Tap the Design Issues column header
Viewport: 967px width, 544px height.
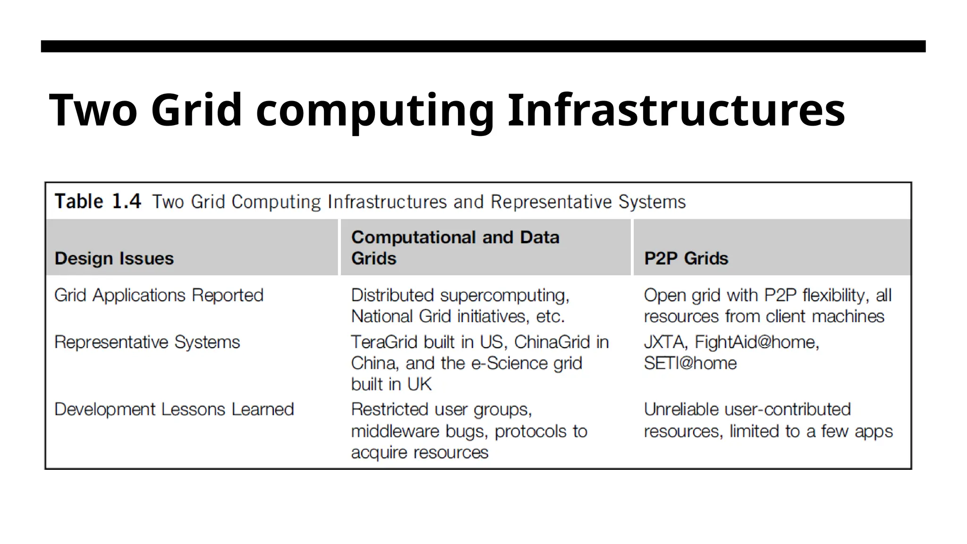click(x=114, y=258)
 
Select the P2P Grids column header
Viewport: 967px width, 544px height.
click(x=686, y=258)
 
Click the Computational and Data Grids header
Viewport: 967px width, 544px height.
click(x=455, y=247)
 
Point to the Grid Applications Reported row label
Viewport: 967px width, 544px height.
click(x=159, y=295)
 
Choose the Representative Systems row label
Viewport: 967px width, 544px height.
click(x=147, y=342)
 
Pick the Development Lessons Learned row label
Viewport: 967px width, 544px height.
click(x=174, y=409)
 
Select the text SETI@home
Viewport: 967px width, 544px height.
click(x=690, y=363)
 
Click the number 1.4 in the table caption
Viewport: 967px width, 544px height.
click(x=126, y=202)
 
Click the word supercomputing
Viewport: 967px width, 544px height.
click(x=504, y=296)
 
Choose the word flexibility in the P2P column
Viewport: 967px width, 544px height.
click(x=835, y=296)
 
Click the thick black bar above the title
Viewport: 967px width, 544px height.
click(x=483, y=46)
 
